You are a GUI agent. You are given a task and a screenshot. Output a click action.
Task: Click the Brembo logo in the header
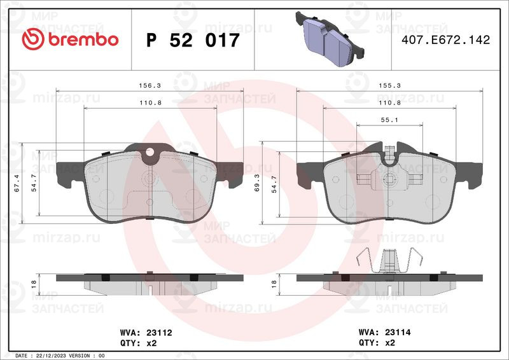(x=70, y=39)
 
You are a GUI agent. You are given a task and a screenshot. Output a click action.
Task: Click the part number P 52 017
(x=193, y=40)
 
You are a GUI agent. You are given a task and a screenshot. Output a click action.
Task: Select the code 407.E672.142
(x=446, y=39)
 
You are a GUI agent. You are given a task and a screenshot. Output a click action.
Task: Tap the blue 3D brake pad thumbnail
(x=330, y=38)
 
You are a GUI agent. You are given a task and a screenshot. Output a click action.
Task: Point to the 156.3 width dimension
(x=150, y=86)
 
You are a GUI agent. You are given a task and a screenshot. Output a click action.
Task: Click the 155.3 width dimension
(x=389, y=86)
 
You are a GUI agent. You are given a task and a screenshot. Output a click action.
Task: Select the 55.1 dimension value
(x=389, y=120)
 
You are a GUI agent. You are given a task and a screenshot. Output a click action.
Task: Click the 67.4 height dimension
(x=17, y=183)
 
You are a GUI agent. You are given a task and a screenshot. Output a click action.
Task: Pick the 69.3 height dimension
(x=257, y=183)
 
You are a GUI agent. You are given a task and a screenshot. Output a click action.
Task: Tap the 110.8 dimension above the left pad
(x=150, y=103)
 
